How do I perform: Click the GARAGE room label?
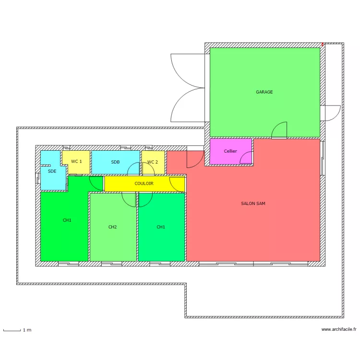click(x=264, y=92)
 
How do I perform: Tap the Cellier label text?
click(x=230, y=151)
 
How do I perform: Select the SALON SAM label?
click(x=253, y=204)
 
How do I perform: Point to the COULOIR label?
click(x=144, y=183)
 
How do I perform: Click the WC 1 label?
click(x=76, y=162)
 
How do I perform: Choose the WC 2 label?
click(x=152, y=162)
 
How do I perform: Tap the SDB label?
click(x=115, y=162)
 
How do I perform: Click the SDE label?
click(x=52, y=171)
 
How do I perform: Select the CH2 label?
click(x=113, y=227)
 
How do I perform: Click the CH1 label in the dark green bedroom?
click(x=67, y=220)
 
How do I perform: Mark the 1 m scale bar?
click(x=12, y=330)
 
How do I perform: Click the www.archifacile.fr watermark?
click(x=339, y=330)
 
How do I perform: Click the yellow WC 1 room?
click(x=76, y=168)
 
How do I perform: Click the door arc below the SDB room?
click(x=134, y=168)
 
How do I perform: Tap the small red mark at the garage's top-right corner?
click(x=323, y=45)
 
